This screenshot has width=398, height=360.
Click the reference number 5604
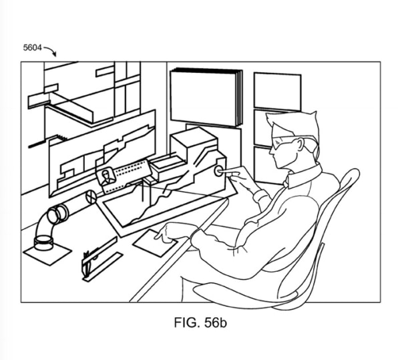click(32, 47)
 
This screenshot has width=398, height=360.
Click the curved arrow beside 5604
click(51, 49)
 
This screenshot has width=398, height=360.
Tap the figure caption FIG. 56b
click(200, 323)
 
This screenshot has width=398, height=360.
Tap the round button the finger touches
click(218, 171)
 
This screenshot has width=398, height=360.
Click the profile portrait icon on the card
click(107, 177)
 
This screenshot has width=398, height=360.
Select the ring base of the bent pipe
click(43, 242)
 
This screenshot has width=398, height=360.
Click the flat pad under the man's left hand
click(155, 243)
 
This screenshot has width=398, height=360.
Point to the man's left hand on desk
click(172, 232)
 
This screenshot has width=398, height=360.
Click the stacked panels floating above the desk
click(206, 97)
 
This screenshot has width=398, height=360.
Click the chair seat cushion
click(244, 295)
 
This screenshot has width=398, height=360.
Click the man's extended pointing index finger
click(230, 173)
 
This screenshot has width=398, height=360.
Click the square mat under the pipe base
click(47, 253)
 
